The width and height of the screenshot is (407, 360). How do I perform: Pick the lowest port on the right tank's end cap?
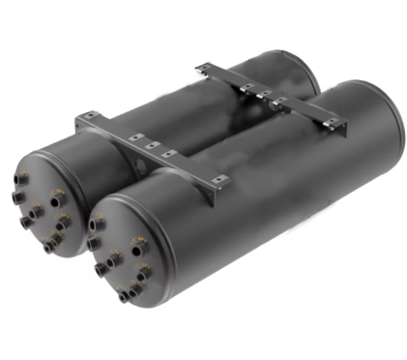pos(125,296)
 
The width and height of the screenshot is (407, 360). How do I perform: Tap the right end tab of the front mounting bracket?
pos(218,180)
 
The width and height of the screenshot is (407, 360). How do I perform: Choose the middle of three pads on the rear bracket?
pos(263,95)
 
